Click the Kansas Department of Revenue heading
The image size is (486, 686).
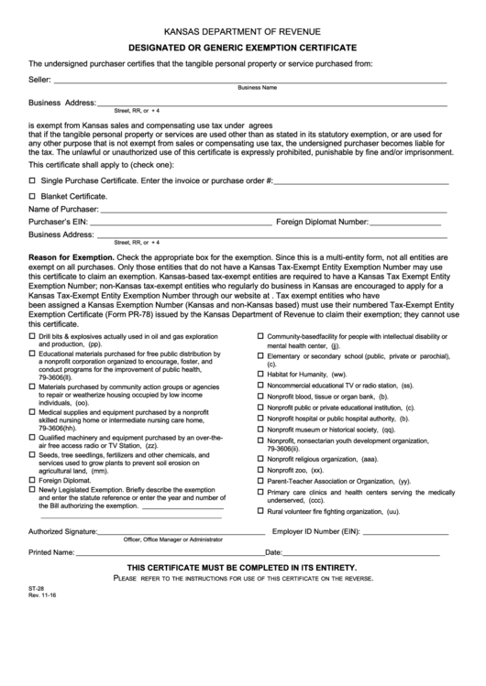point(243,30)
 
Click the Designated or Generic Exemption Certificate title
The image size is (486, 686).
point(243,46)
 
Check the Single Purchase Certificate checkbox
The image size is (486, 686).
point(33,181)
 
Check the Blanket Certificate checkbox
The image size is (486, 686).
point(33,196)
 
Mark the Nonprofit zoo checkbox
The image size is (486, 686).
point(260,470)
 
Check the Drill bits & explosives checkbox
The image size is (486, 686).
point(33,337)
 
